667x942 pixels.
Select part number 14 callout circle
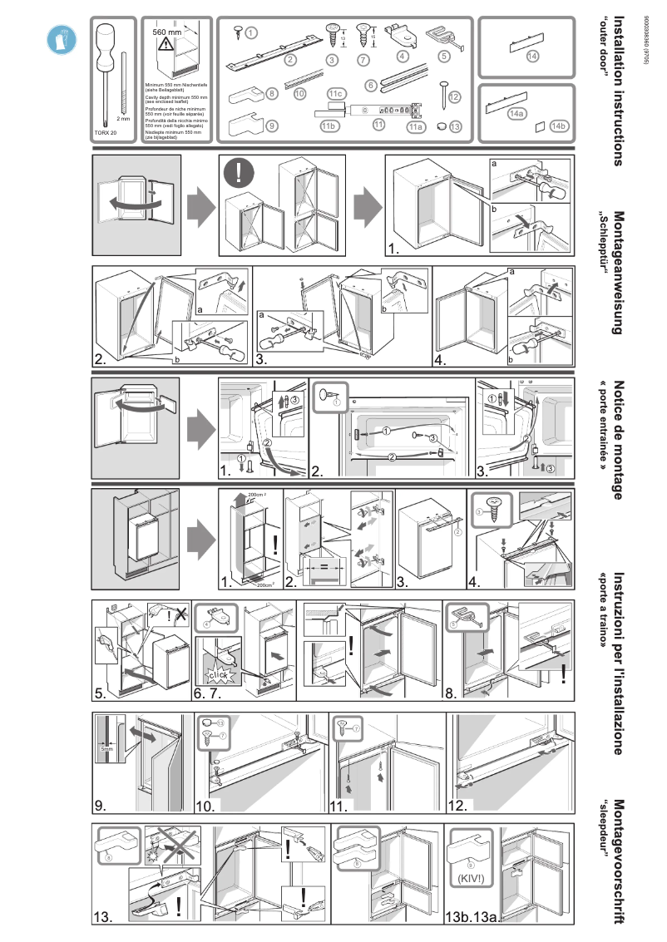532,57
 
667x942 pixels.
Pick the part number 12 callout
454,96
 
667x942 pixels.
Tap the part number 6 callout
371,84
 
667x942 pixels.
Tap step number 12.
458,805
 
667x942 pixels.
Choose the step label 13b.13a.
471,917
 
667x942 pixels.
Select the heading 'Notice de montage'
617,441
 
